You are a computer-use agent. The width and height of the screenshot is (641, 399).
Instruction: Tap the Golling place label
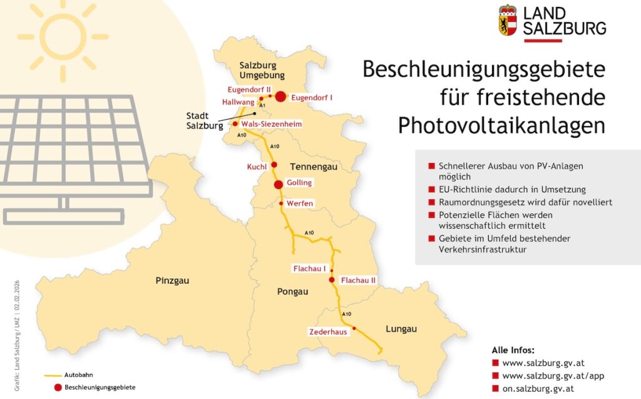pos(299,182)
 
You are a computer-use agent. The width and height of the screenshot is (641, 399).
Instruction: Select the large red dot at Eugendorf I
pos(280,96)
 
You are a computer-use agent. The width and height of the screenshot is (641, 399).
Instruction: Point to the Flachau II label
pos(358,281)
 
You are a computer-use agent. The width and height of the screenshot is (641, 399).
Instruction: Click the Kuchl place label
pos(257,167)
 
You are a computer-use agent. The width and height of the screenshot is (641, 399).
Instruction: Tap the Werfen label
pos(299,204)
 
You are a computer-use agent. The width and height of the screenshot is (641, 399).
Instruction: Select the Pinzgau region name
pos(172,281)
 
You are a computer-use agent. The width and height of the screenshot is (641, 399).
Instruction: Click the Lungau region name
pos(401,329)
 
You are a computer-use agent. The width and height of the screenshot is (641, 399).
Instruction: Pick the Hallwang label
pos(238,101)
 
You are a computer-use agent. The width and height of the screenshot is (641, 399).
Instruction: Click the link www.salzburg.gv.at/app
pos(553,376)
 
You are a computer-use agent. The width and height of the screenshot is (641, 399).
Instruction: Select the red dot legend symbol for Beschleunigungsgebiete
pos(58,387)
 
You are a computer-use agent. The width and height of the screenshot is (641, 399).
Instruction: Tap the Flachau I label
pos(309,269)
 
